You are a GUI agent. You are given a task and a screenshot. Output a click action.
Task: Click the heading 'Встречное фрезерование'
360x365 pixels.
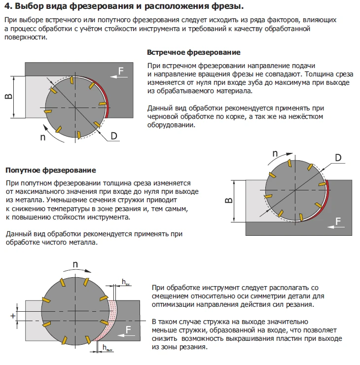(x=194, y=52)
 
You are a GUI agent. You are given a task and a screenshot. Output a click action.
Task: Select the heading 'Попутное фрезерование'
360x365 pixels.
(x=50, y=170)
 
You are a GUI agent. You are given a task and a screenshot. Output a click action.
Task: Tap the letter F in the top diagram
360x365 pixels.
(x=120, y=71)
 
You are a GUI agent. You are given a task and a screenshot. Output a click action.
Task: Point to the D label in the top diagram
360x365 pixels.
(x=114, y=136)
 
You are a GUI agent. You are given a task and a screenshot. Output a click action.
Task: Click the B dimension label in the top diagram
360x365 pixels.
(x=8, y=97)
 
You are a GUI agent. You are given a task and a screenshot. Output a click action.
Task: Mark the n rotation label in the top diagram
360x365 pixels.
(x=42, y=137)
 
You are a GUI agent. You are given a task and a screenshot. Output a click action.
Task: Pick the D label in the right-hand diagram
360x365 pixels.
(x=338, y=158)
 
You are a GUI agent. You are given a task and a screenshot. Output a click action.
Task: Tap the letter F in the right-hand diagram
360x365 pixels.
(x=338, y=221)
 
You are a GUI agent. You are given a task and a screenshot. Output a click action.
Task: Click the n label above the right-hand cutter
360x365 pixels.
(x=275, y=153)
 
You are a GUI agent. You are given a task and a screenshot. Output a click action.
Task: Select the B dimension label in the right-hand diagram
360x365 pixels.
(x=229, y=200)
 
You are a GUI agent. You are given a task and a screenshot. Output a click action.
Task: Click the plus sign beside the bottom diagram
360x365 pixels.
(x=13, y=316)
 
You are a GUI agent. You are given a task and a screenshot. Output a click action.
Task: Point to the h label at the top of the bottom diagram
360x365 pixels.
(x=125, y=282)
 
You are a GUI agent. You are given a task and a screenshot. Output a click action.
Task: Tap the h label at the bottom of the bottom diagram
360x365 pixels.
(x=107, y=348)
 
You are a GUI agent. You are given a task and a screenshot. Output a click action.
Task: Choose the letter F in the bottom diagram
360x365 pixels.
(x=128, y=329)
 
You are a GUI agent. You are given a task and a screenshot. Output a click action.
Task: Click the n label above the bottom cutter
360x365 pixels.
(x=75, y=264)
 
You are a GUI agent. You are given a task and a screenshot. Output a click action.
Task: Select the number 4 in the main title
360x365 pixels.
(x=8, y=6)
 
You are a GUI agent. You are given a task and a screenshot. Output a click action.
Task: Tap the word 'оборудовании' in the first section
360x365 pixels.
(x=171, y=125)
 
